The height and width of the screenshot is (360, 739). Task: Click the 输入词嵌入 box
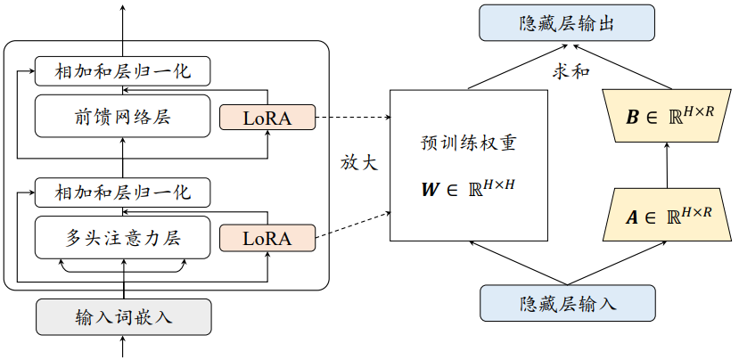point(123,316)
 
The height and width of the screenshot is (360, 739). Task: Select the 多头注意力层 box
point(123,238)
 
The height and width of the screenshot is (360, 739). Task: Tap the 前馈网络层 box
point(123,117)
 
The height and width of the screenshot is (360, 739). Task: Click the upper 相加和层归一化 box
point(123,70)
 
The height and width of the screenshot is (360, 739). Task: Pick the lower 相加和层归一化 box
point(123,192)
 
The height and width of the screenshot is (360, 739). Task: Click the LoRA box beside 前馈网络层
point(267,118)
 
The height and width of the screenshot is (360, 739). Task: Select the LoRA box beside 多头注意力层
point(267,238)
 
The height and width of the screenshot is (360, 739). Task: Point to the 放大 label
point(359,163)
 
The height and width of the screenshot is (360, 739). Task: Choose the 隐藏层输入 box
point(568,302)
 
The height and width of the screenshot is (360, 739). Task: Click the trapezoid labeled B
point(667,116)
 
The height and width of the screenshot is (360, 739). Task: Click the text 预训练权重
point(468,143)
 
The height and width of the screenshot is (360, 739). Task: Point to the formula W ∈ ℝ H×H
point(468,188)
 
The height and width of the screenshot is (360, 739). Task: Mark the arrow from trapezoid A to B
point(667,166)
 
